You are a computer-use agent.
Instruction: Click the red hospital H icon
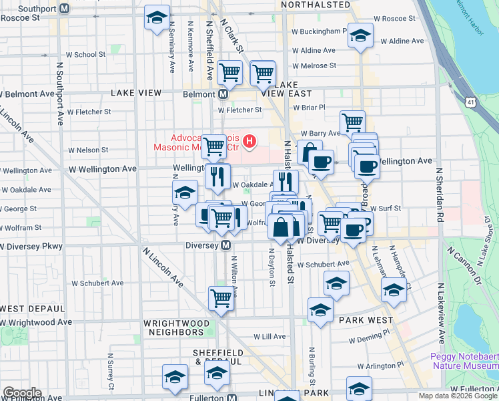(x=250, y=141)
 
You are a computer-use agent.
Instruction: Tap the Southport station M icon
(x=65, y=9)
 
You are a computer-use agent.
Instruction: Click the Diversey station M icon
(x=226, y=245)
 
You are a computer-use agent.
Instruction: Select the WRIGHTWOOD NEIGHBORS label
(x=173, y=327)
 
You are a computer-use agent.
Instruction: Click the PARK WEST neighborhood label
(x=366, y=320)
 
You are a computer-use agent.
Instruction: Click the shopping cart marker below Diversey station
(x=221, y=299)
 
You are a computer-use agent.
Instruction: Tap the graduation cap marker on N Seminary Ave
(x=185, y=193)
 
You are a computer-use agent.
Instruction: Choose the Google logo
(x=21, y=393)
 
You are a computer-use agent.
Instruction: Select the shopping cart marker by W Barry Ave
(x=352, y=122)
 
